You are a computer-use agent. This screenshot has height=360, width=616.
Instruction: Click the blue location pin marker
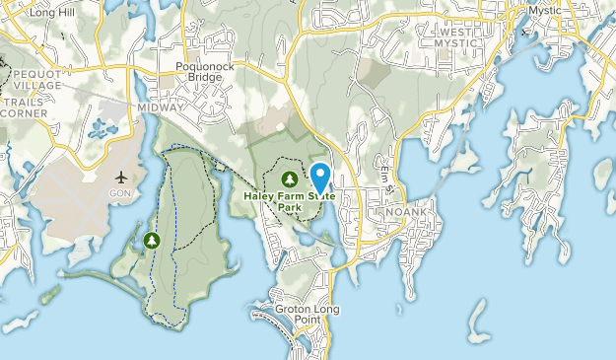321,178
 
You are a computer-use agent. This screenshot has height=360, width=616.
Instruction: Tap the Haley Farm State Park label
290,202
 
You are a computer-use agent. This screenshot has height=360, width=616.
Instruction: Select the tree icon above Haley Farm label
290,179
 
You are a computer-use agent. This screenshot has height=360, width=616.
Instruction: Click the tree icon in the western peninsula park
152,239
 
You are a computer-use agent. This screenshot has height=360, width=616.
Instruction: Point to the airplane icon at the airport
121,178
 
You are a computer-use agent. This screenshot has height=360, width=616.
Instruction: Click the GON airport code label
121,194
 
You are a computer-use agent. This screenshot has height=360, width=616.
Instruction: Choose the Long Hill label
53,11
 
